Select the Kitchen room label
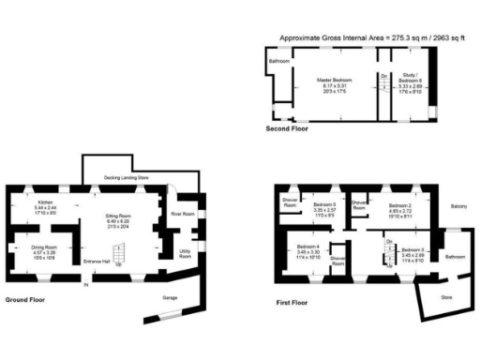click(45, 202)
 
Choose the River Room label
click(182, 215)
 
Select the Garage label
click(170, 296)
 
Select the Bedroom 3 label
click(413, 250)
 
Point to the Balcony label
click(459, 206)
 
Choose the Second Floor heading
click(287, 127)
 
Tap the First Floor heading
click(292, 303)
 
